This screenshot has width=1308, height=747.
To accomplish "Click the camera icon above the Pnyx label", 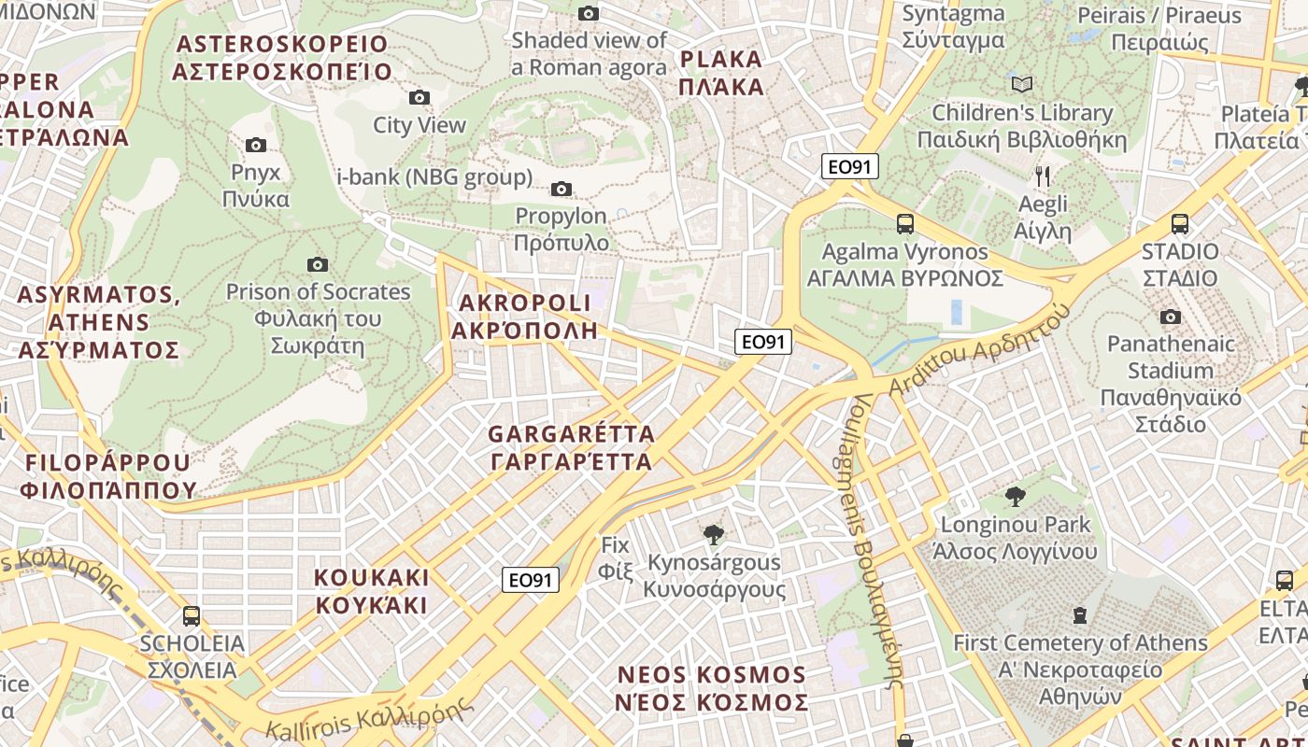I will pos(256,145).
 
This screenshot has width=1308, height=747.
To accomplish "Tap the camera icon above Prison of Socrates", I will pos(318,264).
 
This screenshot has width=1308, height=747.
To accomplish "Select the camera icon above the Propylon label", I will pos(562,189).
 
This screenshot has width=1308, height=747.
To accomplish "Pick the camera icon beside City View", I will pos(419,97).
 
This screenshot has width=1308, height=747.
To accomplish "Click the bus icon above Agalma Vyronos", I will pos(904,224).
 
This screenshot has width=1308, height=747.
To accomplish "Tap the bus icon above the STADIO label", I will pos(1180,224).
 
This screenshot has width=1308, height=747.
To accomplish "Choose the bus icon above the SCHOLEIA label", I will pos(192,616).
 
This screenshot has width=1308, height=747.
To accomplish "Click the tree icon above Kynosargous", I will pos(714,535).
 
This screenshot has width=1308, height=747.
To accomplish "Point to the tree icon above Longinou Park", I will pos(1016,497).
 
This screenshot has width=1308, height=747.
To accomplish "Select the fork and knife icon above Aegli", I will pos(1044,176).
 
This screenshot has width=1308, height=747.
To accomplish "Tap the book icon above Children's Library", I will pos(1022,85).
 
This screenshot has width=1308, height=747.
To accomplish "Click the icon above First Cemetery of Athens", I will pos(1080,615).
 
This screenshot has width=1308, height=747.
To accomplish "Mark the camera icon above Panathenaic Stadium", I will pos(1170,317).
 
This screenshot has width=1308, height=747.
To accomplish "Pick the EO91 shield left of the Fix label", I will pos(531,580).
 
